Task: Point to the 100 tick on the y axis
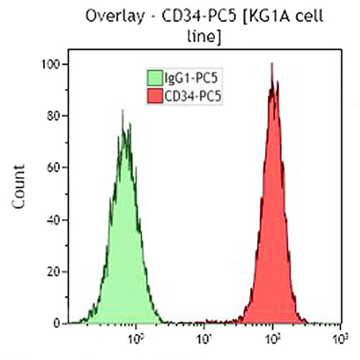50,64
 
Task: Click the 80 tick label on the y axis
53,115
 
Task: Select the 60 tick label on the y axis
53,167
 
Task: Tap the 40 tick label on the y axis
53,219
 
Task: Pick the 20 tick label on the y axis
53,271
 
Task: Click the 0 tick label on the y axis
55,323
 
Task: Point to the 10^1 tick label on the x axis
204,337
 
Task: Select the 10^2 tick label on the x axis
272,337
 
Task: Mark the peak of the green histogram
122,111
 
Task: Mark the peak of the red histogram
272,63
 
